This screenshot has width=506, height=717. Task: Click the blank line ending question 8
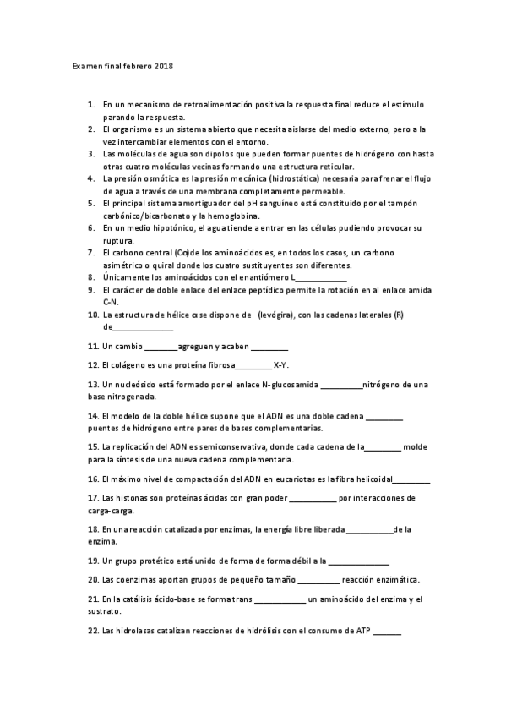point(323,277)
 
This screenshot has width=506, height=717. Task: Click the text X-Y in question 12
point(281,365)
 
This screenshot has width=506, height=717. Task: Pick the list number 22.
point(93,631)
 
